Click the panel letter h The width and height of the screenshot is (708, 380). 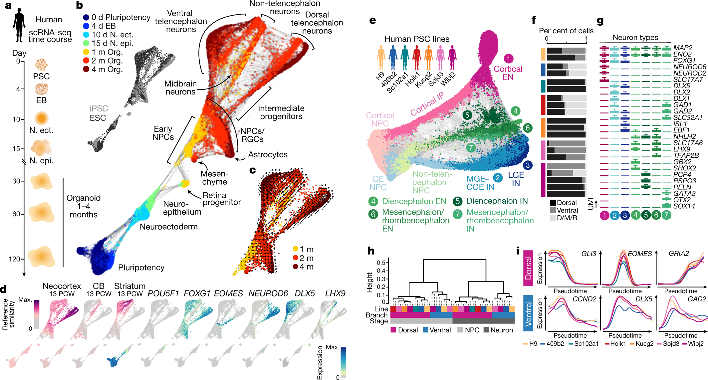[370, 251]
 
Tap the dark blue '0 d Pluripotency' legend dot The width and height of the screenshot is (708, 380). [86, 17]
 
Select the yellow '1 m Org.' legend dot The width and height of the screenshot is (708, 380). [86, 52]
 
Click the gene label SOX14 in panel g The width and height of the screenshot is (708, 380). [684, 206]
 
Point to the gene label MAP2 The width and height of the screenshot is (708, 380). [683, 48]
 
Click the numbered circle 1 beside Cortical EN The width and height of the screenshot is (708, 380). [508, 59]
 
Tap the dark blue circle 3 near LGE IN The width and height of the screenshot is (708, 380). [528, 165]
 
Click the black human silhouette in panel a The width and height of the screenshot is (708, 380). [19, 25]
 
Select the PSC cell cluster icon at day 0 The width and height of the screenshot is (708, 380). [42, 65]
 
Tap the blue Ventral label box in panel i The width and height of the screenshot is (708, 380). [528, 313]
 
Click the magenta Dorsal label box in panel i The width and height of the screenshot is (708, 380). [528, 268]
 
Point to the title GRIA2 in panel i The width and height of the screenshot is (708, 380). [679, 254]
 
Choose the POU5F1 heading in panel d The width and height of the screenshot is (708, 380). [163, 293]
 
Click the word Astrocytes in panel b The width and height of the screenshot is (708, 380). [268, 155]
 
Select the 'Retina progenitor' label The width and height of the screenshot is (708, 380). [222, 199]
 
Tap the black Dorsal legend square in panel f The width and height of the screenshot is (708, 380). [553, 203]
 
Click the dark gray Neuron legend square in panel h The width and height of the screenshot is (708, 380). [486, 330]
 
